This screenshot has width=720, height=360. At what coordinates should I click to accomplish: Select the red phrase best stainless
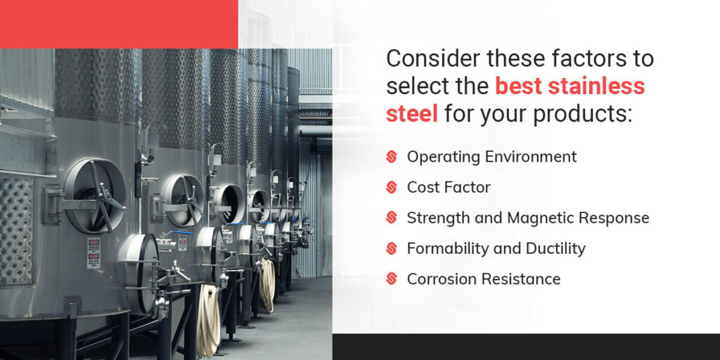[x=570, y=86]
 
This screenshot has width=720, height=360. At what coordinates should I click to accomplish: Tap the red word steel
[x=411, y=112]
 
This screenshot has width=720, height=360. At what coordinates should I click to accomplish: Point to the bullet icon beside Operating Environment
[x=392, y=157]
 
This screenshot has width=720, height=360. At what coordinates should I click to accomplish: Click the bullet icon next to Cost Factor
[x=392, y=188]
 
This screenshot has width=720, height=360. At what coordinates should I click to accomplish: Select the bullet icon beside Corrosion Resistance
[x=392, y=279]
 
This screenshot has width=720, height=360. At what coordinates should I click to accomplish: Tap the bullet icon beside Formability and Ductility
[x=392, y=249]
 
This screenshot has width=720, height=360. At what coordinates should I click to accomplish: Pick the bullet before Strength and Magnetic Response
[x=392, y=218]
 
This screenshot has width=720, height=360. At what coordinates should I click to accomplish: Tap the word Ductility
[x=555, y=249]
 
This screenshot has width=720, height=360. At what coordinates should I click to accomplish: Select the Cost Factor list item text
[x=449, y=188]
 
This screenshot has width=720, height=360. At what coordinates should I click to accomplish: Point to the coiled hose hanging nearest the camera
[x=208, y=317]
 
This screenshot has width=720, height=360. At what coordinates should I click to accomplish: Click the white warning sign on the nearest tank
[x=94, y=253]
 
